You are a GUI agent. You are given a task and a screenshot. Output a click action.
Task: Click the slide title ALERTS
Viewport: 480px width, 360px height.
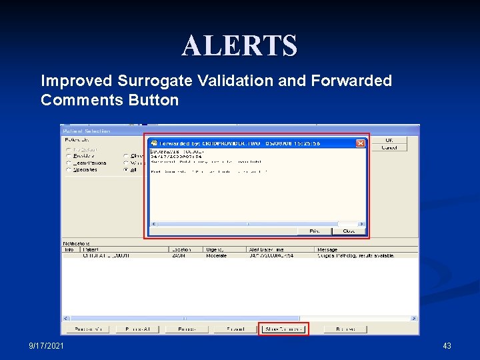(239, 46)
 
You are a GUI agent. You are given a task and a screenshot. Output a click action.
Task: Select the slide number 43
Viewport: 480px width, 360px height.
(447, 346)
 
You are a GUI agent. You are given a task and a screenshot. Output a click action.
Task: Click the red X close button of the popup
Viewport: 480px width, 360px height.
(360, 143)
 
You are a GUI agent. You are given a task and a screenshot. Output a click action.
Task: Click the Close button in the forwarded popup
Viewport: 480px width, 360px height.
(349, 231)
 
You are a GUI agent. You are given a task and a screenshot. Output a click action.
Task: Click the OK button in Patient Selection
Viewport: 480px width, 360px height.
(389, 140)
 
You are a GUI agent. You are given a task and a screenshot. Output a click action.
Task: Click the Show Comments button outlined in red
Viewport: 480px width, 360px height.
(284, 329)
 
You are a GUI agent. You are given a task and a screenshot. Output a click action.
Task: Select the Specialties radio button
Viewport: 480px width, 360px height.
(69, 170)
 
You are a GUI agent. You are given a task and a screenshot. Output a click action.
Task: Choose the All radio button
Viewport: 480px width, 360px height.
(126, 170)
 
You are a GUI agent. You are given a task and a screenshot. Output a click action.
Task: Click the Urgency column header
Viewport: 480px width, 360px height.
(217, 249)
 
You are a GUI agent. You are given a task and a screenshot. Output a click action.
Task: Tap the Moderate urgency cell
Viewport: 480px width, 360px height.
(217, 255)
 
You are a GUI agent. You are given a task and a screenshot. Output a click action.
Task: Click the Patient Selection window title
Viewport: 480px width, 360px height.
(87, 131)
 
